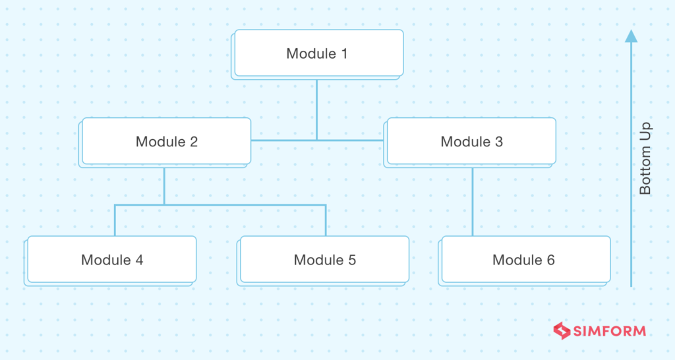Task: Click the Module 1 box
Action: click(318, 53)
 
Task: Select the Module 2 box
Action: click(166, 141)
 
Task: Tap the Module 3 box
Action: click(471, 141)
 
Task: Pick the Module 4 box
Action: click(111, 260)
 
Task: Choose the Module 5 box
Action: click(324, 260)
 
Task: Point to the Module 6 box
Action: click(525, 260)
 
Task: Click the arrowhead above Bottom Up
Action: click(631, 36)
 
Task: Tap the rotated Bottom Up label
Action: click(645, 158)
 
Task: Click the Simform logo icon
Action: click(561, 331)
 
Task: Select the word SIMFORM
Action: click(608, 331)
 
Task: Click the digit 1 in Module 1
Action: click(343, 53)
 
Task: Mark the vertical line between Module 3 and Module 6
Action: click(472, 201)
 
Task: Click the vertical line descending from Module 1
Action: click(316, 109)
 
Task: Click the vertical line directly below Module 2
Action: click(164, 185)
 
